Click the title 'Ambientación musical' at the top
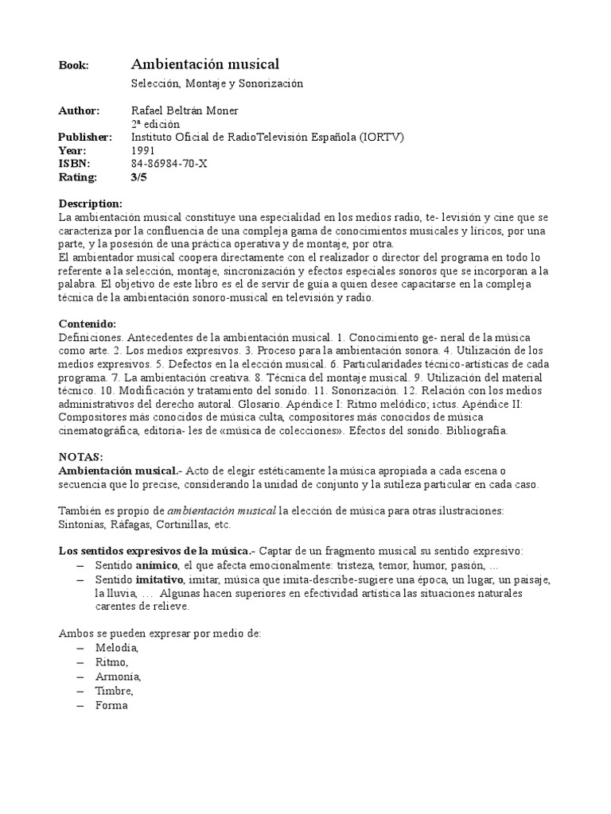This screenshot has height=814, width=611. pos(205,64)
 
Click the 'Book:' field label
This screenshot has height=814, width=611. pos(74,65)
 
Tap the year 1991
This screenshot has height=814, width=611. pos(143,150)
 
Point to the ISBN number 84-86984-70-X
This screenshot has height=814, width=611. pos(169,164)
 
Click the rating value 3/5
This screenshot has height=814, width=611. pos(138,177)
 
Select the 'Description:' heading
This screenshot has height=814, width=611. pos(91,203)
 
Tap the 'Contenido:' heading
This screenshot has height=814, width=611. pos(88,324)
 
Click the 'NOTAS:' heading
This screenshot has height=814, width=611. pos(81,458)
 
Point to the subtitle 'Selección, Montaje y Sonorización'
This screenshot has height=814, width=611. pos(217,83)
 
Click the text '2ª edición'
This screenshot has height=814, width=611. pos(155,124)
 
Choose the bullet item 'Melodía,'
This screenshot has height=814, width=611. pos(116,649)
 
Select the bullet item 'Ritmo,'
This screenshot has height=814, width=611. pos(111,662)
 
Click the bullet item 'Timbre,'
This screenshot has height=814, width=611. pos(115,690)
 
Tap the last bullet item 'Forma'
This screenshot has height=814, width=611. pos(111,704)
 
